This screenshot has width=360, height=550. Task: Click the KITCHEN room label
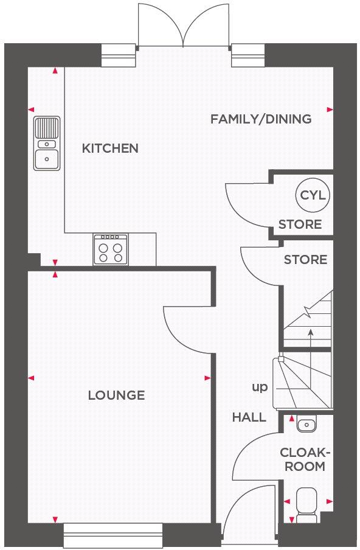[x=110, y=148]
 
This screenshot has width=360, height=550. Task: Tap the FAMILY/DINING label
[x=261, y=119]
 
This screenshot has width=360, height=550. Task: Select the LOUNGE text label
[x=116, y=395]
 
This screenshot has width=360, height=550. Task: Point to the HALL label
[x=249, y=417]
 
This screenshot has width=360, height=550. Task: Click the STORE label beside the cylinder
[x=300, y=225]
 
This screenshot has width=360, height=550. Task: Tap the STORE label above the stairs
[x=305, y=260]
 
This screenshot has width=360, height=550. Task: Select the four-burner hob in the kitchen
[x=110, y=249]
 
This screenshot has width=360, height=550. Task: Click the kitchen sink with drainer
[x=46, y=144]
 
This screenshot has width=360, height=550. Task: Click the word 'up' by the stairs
[x=259, y=387]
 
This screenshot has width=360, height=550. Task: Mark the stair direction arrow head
[x=311, y=332]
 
